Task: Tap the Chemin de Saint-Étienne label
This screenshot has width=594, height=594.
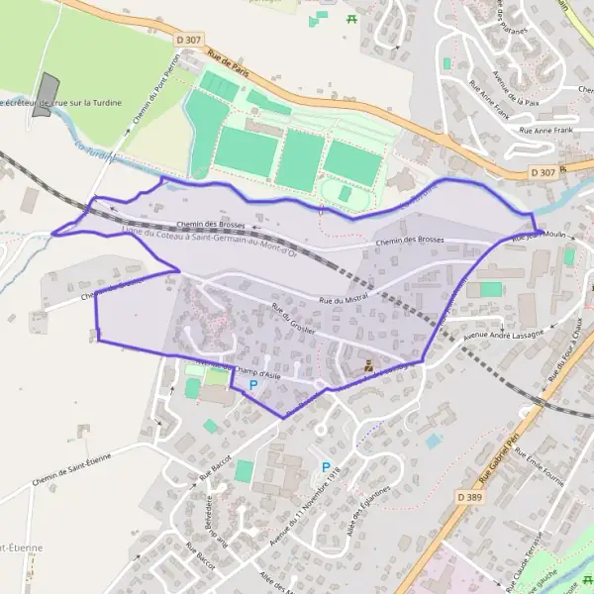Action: click(79, 454)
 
